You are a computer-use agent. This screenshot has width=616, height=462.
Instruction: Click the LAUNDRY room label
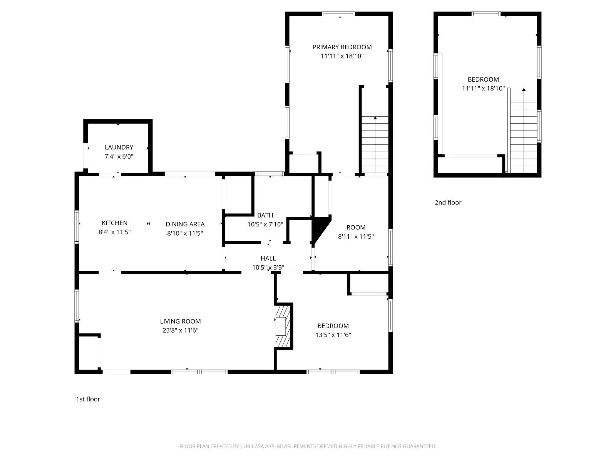119,147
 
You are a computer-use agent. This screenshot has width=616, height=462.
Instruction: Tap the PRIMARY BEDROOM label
342,47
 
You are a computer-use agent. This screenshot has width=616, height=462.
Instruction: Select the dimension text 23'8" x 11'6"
180,330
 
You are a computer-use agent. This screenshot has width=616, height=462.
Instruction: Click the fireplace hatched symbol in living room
283,326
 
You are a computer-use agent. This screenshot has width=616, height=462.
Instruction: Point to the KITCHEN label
114,223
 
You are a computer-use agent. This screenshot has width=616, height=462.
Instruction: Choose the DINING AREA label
185,224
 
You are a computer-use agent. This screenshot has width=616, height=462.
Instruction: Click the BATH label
265,215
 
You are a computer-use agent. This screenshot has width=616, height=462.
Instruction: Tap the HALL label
268,258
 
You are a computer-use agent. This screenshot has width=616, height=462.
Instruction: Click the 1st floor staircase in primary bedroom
375,144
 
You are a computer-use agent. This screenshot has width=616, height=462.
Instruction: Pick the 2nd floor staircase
523,131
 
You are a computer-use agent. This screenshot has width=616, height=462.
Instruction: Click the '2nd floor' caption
448,203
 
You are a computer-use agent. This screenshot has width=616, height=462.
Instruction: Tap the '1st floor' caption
88,399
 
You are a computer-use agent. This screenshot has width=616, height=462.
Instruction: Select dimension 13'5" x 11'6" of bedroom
333,335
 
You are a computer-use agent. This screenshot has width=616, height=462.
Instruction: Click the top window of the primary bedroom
338,14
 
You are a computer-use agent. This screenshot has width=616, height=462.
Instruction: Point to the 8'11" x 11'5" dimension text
356,237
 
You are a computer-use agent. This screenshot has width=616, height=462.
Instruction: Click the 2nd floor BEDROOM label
483,80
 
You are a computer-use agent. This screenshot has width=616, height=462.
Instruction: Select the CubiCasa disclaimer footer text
308,447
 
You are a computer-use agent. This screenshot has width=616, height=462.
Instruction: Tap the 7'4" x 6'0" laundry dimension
119,157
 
